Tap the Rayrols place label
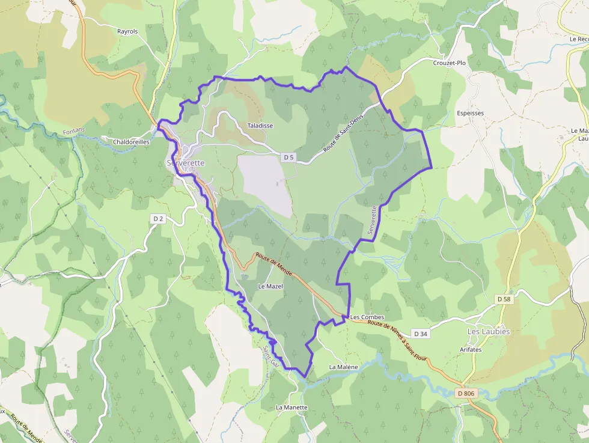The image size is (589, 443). point(127,31)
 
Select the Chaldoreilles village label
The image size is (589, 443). point(131,142)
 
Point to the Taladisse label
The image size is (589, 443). point(260,126)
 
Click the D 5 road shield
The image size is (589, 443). point(289,157)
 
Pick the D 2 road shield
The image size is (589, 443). point(157,219)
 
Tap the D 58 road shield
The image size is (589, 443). point(504,299)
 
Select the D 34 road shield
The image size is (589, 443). point(421,334)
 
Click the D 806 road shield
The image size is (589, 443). point(465,393)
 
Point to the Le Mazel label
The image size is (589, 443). point(270,286)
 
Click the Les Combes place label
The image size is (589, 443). point(367,317)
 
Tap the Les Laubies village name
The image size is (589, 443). point(489,332)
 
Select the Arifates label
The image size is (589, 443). point(471,349)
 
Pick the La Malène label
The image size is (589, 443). point(344,367)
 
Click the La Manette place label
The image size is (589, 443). point(291,408)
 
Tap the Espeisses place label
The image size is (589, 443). point(471,113)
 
